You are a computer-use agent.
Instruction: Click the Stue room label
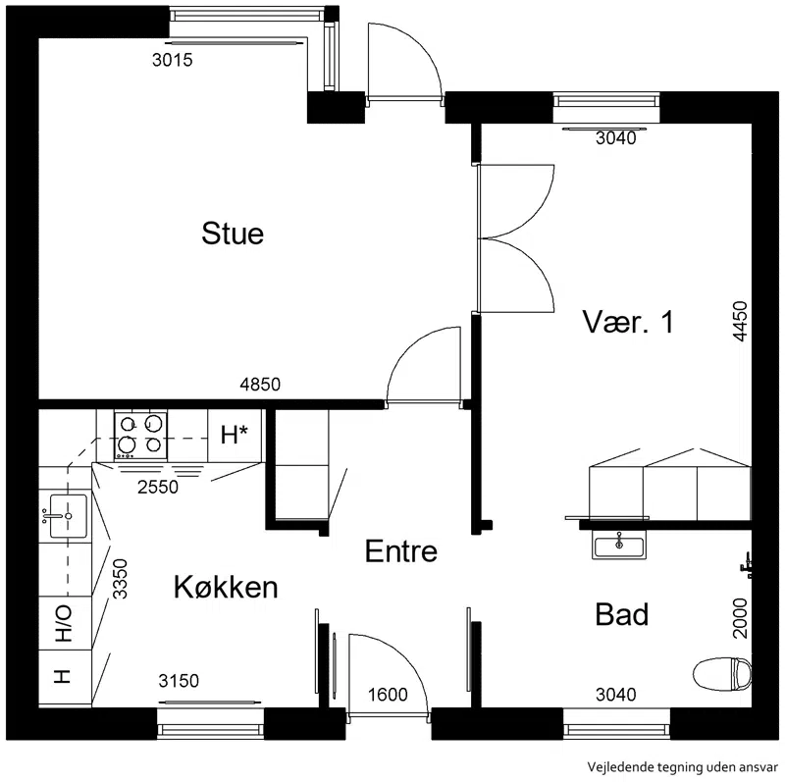233,234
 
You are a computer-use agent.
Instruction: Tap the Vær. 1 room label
628,322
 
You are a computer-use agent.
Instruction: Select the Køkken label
226,587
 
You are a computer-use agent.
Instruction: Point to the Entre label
401,551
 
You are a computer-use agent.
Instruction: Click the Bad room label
622,614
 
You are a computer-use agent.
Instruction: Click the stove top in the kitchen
140,435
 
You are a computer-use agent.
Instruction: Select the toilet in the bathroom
722,673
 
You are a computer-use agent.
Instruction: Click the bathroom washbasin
619,545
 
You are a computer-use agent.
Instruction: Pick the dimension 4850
260,385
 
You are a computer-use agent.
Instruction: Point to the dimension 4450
740,322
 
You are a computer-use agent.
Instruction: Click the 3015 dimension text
173,60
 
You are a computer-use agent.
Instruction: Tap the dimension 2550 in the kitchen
158,487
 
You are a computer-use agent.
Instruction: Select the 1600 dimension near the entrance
388,695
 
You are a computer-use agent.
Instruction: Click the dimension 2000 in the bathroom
740,618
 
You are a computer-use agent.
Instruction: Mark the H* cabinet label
235,435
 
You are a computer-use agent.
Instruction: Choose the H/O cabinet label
64,624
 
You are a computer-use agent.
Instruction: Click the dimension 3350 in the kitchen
120,579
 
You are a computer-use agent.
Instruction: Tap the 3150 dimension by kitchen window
179,681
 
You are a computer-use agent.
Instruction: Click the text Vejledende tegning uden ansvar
683,766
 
